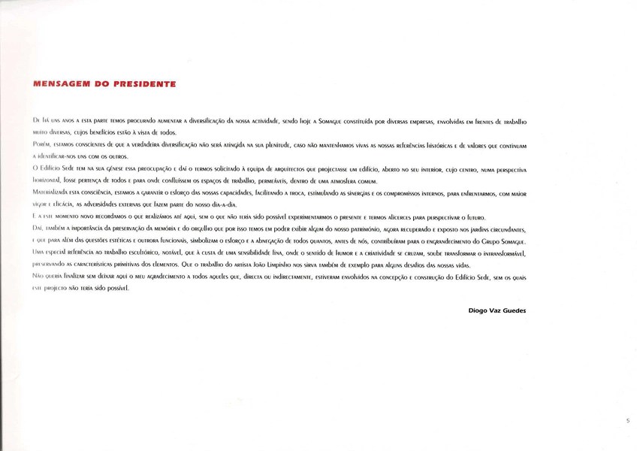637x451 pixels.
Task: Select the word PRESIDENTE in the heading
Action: pos(146,84)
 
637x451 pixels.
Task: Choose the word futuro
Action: pos(471,215)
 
